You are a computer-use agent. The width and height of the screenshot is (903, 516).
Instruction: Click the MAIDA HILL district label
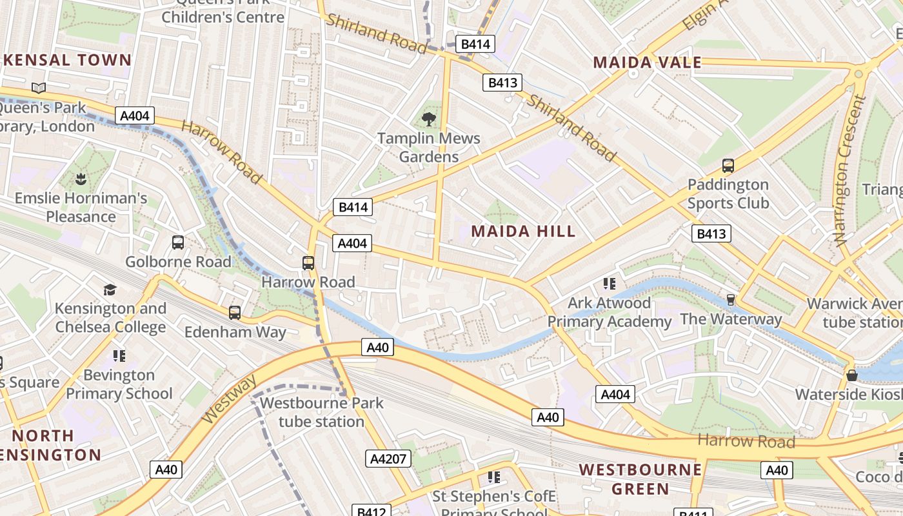(x=523, y=231)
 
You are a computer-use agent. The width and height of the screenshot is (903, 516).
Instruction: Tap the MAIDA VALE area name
(x=647, y=63)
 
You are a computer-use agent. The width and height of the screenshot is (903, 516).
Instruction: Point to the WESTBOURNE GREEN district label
(x=640, y=479)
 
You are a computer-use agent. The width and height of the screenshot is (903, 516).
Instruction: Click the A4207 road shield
(x=388, y=459)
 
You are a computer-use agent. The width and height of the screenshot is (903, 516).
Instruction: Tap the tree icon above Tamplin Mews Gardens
(x=428, y=119)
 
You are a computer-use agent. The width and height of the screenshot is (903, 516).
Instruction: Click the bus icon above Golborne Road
(x=178, y=243)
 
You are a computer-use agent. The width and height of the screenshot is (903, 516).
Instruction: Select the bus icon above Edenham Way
(x=235, y=313)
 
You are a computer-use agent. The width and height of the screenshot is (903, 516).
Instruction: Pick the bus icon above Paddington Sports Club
(x=728, y=166)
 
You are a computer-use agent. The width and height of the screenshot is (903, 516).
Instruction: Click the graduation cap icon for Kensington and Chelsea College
(x=110, y=290)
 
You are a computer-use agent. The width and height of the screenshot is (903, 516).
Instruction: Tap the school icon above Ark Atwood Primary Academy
(x=609, y=283)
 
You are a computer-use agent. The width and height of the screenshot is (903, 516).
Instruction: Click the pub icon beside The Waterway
(x=731, y=300)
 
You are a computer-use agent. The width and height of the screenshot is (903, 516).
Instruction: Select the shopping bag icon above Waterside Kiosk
(x=852, y=375)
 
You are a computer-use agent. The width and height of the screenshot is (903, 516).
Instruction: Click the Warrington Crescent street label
(x=849, y=170)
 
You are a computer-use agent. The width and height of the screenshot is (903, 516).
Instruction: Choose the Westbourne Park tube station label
(x=321, y=412)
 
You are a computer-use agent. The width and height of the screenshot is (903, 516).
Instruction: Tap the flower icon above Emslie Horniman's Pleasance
(x=81, y=179)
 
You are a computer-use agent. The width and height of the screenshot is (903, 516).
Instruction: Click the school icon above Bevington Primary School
(x=119, y=355)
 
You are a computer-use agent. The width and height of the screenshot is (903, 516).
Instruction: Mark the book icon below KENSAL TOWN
(x=39, y=88)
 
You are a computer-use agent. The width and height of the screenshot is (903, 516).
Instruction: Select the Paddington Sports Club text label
(x=728, y=193)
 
